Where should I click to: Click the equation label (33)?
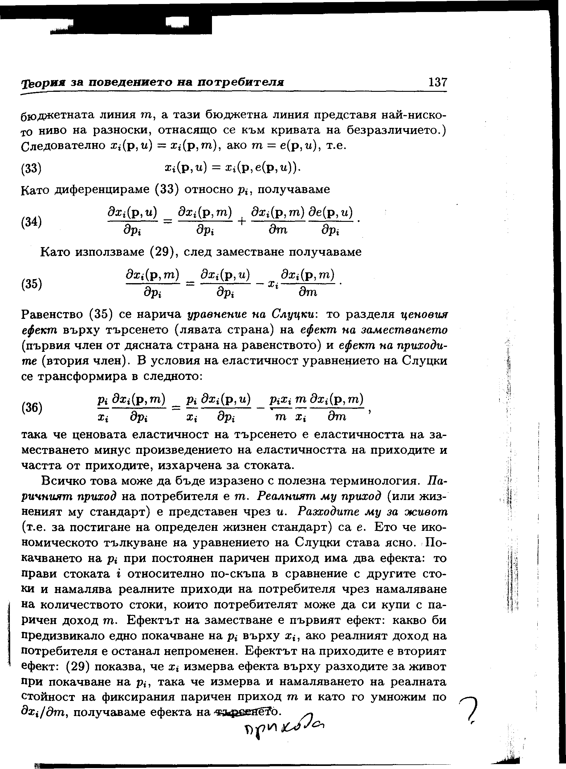[x=31, y=169]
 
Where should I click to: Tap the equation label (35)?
[x=31, y=284]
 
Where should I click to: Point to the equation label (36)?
[x=31, y=408]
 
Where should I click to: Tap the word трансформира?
[x=82, y=376]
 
